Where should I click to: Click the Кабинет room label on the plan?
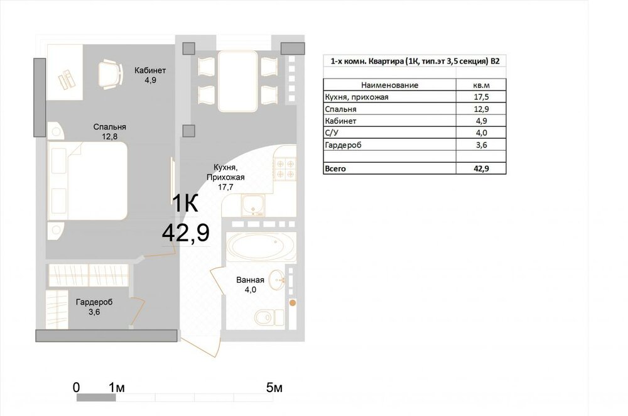150,70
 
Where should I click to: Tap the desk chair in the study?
110,74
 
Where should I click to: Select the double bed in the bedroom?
87,181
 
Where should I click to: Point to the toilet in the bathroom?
269,317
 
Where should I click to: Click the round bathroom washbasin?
277,280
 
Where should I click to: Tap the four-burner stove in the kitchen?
284,168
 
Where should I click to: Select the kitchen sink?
252,205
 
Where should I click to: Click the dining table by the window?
237,81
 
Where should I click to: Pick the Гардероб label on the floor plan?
94,302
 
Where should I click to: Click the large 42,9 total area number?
186,233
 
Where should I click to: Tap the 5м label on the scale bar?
274,388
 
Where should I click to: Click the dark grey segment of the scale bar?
96,398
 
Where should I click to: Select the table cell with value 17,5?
481,97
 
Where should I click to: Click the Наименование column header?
390,85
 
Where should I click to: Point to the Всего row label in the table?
335,168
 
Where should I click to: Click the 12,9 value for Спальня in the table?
481,109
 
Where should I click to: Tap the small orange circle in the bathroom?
293,303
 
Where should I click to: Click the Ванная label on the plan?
251,280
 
